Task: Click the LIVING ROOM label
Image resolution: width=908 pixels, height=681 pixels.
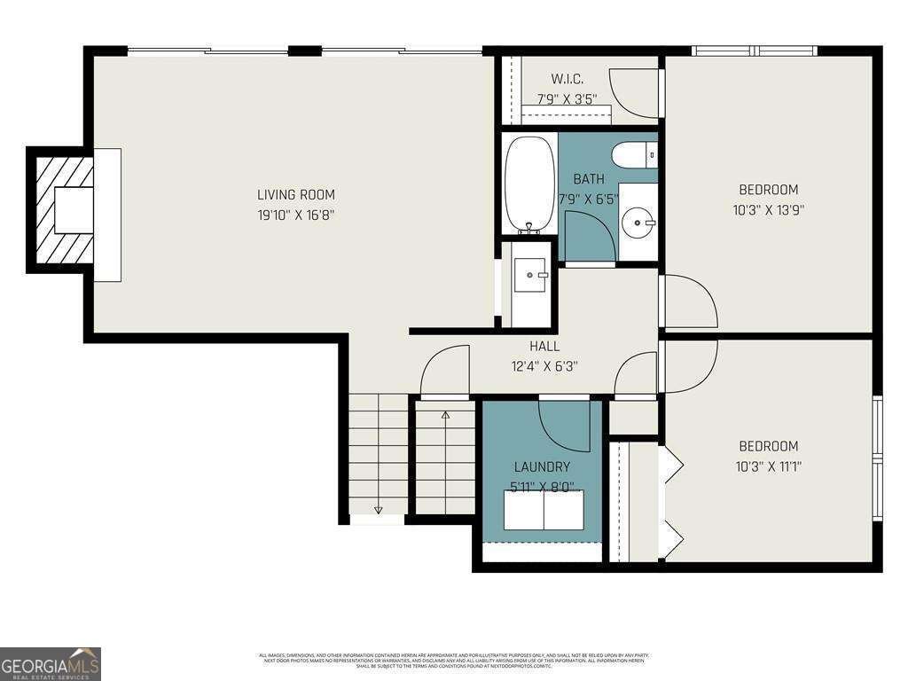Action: click(x=296, y=194)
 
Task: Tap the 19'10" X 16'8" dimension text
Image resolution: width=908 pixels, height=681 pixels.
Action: click(x=296, y=215)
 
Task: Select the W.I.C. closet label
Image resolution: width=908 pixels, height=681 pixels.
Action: click(x=567, y=80)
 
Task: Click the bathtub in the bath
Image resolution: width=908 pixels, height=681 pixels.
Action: click(x=529, y=184)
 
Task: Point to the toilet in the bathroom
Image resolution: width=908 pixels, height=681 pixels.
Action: click(x=635, y=154)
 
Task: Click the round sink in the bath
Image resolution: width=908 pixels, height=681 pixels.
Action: click(x=638, y=221)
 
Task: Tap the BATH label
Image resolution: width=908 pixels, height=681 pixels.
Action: click(x=588, y=178)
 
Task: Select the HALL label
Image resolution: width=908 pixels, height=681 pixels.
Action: click(x=544, y=346)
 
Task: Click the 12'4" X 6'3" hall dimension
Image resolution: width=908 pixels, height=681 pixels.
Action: click(x=544, y=365)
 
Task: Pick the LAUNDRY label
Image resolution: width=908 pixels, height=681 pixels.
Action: click(x=542, y=466)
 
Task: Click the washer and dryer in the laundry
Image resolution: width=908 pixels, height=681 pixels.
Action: click(x=544, y=510)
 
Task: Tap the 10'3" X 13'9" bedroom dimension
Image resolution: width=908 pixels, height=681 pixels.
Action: click(x=769, y=210)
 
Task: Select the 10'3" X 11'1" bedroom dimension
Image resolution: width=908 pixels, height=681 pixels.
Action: click(x=769, y=466)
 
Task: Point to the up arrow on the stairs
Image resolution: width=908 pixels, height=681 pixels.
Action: click(x=445, y=415)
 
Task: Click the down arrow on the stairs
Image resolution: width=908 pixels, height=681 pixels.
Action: click(x=378, y=508)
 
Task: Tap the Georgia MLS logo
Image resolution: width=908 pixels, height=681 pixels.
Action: click(x=51, y=663)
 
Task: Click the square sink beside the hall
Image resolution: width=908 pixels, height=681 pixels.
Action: click(x=533, y=277)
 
